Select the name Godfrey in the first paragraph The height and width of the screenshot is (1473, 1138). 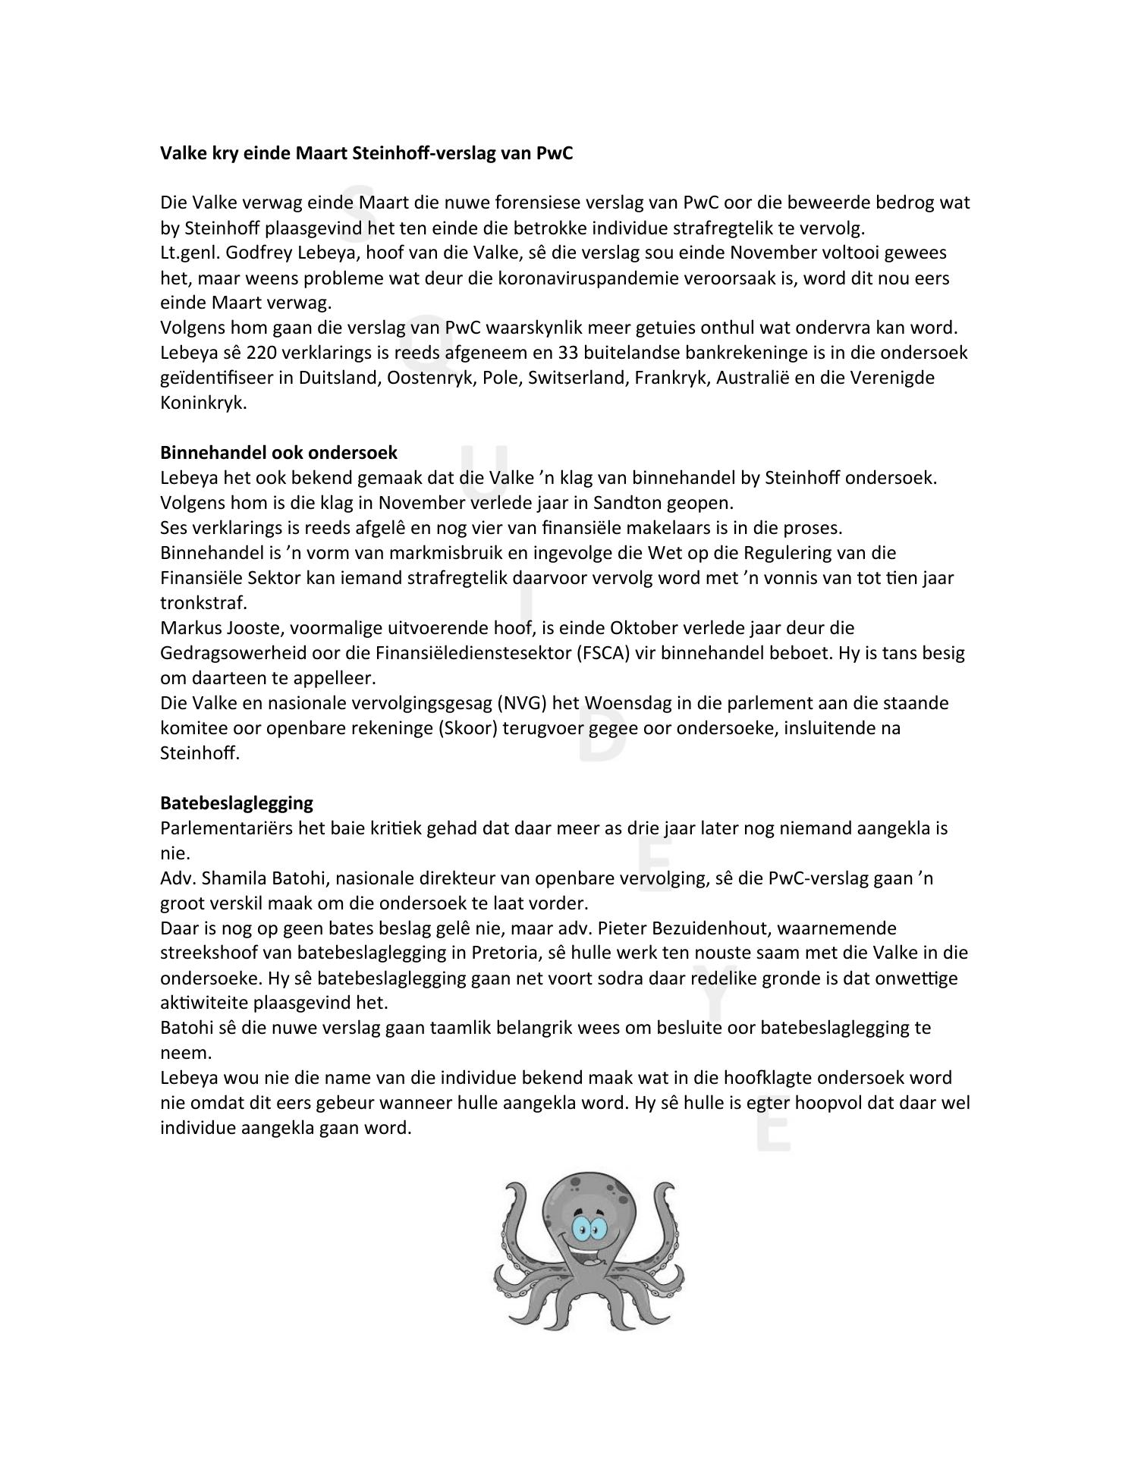pos(257,253)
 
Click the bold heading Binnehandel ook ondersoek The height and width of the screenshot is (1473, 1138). pos(278,453)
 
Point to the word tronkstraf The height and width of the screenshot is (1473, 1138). pos(203,603)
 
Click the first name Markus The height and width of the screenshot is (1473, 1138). pos(189,628)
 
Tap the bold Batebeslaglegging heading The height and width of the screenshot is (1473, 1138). pos(236,802)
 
